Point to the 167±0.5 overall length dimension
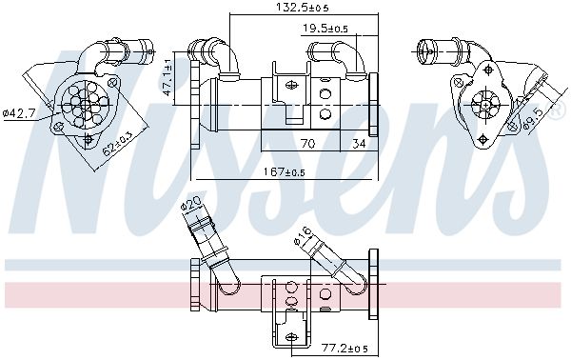coord(280,172)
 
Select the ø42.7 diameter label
coord(19,113)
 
